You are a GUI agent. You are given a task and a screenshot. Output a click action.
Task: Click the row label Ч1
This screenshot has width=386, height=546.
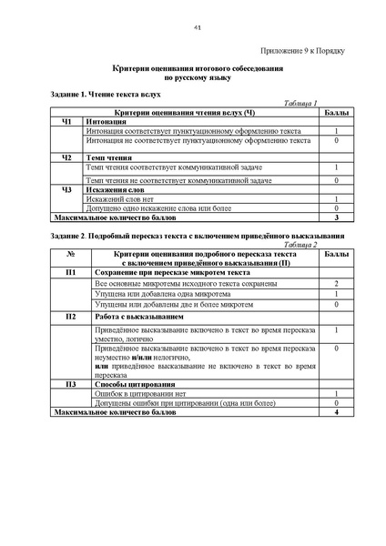[65, 121]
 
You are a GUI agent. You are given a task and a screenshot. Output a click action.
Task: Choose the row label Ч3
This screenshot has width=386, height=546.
[65, 189]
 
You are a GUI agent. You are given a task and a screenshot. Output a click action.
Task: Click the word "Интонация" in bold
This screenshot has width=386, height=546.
[107, 121]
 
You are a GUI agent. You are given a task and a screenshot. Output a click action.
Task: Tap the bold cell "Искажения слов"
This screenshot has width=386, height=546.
[115, 189]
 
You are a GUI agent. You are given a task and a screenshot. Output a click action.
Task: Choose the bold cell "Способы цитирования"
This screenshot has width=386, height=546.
[132, 385]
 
